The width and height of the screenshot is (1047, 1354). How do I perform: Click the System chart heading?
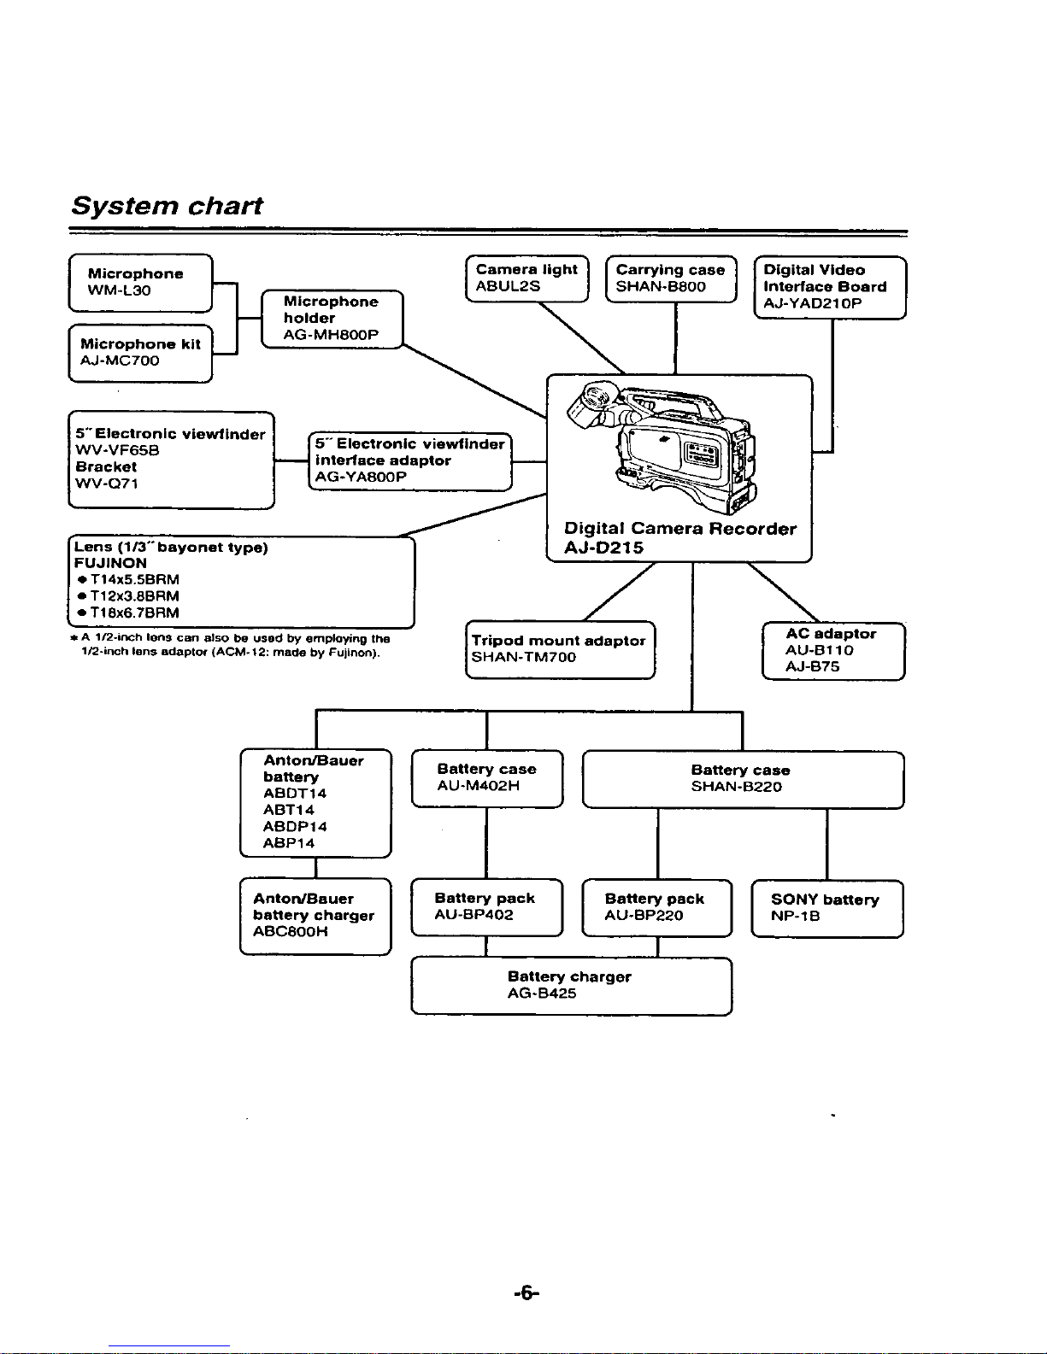pos(167,206)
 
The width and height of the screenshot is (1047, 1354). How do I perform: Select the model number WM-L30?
pos(119,290)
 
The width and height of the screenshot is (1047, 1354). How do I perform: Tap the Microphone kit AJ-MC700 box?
pos(140,354)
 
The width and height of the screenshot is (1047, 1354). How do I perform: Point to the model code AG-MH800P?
pos(331,335)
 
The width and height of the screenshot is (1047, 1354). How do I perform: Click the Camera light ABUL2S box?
pos(527,278)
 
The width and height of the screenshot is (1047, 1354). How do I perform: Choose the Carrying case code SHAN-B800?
pos(661,287)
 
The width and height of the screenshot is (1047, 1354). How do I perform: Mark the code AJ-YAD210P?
pos(813,303)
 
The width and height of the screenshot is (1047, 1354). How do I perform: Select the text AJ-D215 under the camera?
pos(603,548)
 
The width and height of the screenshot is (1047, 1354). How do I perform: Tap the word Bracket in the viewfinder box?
pos(106,466)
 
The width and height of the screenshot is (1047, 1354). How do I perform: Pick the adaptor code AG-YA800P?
pos(361,477)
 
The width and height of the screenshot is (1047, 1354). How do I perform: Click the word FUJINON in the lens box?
pos(110,563)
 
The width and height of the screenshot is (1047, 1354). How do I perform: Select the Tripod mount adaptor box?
pos(561,650)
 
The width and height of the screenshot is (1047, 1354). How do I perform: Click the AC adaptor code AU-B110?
pos(819,650)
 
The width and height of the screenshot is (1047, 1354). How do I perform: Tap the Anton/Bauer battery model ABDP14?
pos(295,826)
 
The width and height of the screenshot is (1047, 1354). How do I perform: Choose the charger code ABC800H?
pos(291,931)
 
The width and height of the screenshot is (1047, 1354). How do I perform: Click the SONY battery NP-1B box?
pos(827,908)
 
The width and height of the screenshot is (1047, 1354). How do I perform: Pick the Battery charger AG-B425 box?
pos(572,986)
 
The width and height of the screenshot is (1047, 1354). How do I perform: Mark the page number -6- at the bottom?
pos(526,1293)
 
